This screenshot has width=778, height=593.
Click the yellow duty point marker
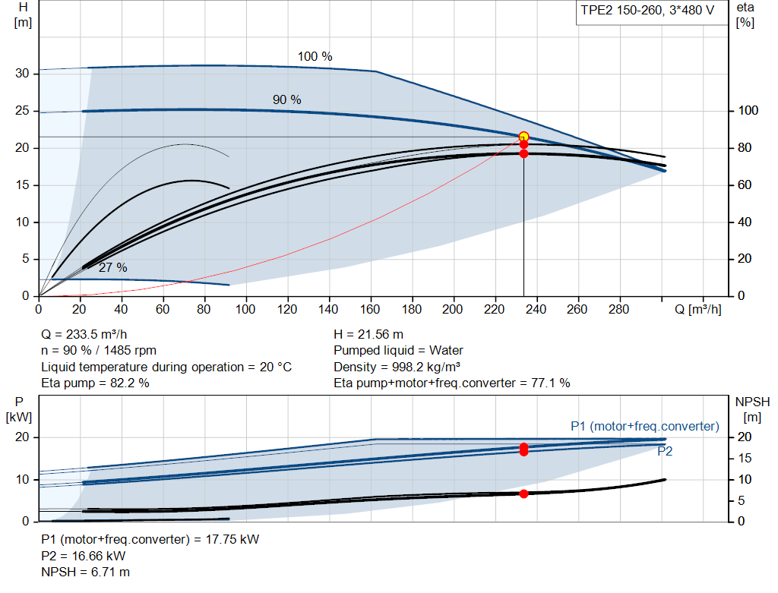point(523,137)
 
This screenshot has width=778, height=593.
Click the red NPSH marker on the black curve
point(523,494)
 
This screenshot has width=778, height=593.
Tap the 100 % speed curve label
point(315,56)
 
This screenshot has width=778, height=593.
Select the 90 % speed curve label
point(286,99)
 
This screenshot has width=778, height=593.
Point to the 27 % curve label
point(112,268)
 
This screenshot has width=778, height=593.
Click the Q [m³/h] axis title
point(697,310)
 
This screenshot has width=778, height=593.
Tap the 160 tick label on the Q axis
point(370,309)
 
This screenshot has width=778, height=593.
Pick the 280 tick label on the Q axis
point(618,309)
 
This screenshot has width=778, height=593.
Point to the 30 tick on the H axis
point(22,74)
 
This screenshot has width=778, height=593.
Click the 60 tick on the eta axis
point(745,185)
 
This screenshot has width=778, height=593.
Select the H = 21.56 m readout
point(368,334)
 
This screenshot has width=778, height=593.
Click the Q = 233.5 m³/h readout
point(84,334)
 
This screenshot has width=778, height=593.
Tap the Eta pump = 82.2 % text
point(95,383)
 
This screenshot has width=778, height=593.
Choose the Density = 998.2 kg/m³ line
point(397,367)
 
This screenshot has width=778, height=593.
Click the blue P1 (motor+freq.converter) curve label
point(644,427)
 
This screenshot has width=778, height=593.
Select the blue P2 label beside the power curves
point(665,451)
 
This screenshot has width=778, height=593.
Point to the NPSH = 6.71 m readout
point(85,572)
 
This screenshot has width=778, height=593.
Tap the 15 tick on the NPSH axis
point(745,458)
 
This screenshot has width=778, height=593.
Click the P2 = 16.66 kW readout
point(84,556)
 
